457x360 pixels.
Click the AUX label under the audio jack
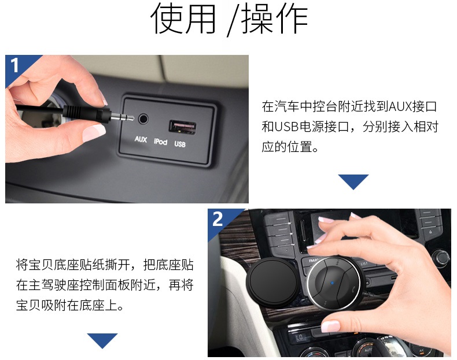coord(141,139)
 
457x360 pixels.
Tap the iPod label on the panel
coord(160,142)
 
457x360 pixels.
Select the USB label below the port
coord(180,144)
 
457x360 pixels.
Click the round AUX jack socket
coord(143,118)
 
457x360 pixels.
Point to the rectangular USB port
coord(182,127)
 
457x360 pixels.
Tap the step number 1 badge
coord(14,65)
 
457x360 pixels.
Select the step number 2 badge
coord(218,219)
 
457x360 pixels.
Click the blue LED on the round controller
coord(332,283)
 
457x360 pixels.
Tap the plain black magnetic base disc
coord(272,282)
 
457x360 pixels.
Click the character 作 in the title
coord(292,18)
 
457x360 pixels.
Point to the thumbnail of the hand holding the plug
coord(127,129)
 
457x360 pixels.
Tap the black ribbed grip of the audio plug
coord(87,113)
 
